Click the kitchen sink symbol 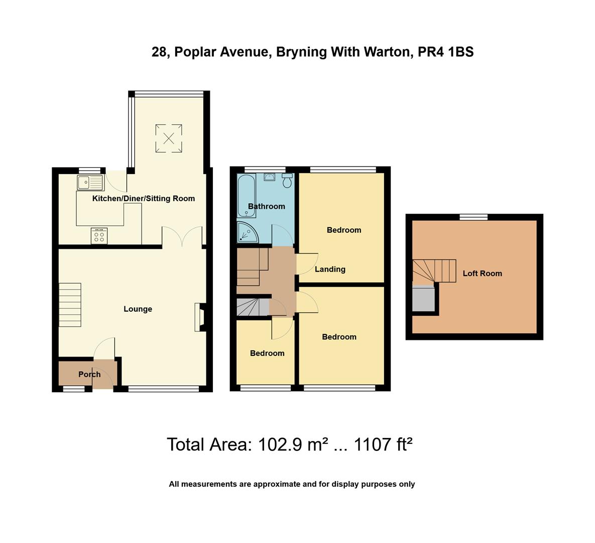(x=90, y=182)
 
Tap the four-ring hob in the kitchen (x=99, y=236)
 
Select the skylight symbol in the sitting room (x=169, y=138)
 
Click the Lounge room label (x=138, y=309)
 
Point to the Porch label (x=89, y=375)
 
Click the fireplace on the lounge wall (x=200, y=317)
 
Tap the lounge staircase (x=70, y=305)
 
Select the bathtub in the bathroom (x=247, y=196)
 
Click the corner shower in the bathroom (x=246, y=232)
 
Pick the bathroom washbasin (x=270, y=176)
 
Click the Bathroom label (x=266, y=207)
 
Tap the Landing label (x=330, y=269)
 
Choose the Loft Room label (x=482, y=274)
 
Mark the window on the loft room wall (x=474, y=217)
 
